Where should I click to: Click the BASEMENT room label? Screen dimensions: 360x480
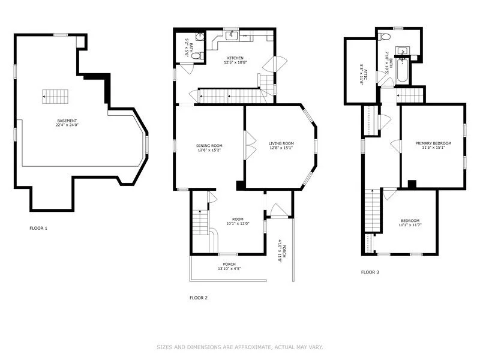click(x=67, y=123)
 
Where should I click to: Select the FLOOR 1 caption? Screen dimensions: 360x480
click(x=38, y=228)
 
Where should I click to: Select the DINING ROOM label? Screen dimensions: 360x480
click(x=209, y=148)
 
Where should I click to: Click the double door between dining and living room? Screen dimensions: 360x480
click(x=245, y=145)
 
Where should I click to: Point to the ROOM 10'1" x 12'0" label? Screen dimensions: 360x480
click(x=238, y=221)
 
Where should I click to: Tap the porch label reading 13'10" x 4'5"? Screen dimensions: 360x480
click(x=229, y=266)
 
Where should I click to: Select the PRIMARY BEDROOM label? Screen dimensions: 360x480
click(x=433, y=145)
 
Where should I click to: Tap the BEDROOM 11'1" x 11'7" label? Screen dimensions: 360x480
click(x=410, y=223)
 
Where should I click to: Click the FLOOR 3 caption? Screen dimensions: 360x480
click(x=370, y=272)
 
